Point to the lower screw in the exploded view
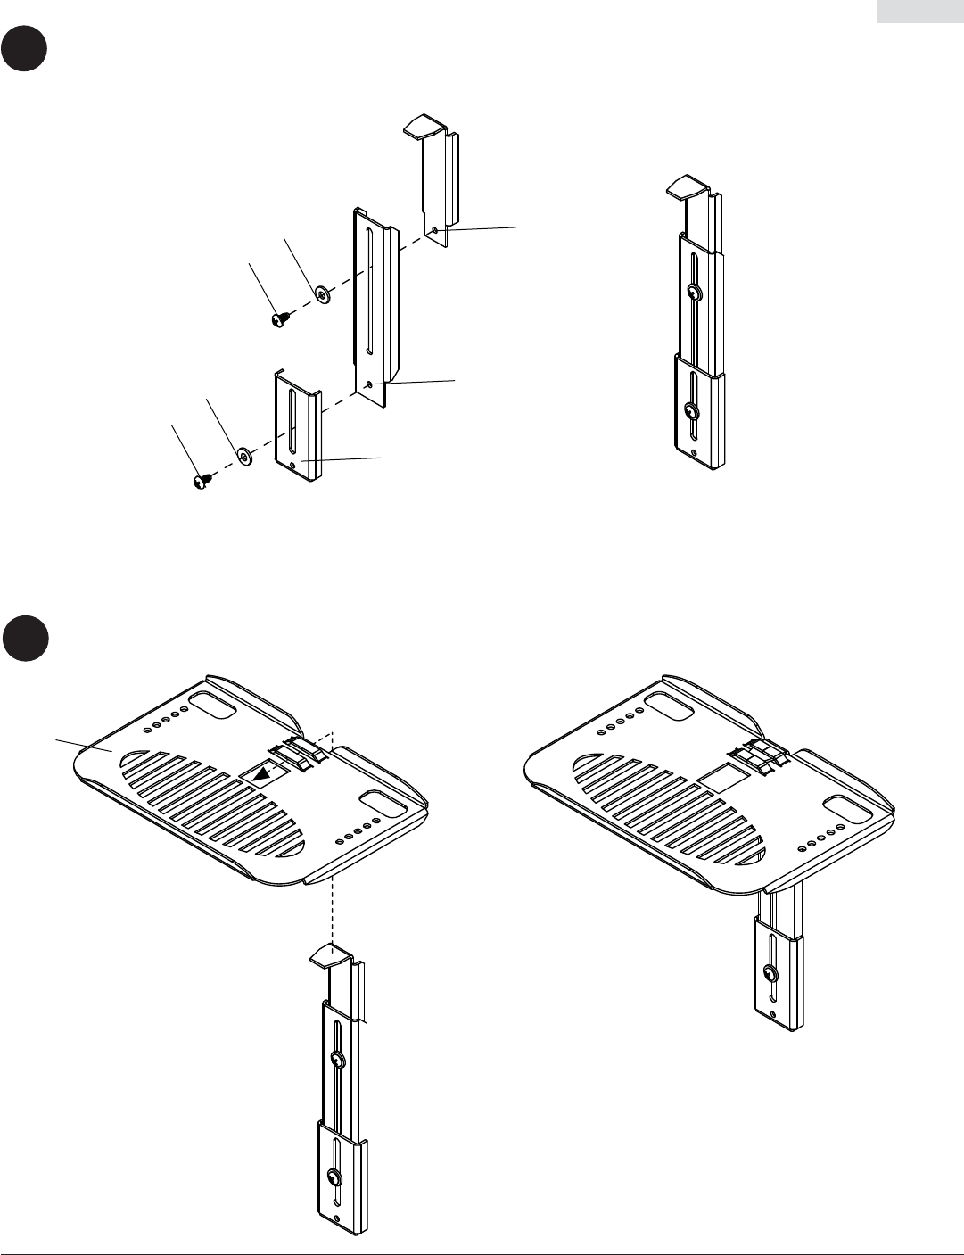tap(201, 482)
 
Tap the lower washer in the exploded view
tap(243, 456)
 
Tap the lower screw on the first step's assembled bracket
tap(691, 410)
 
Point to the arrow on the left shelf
tap(261, 776)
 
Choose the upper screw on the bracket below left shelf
tap(337, 1060)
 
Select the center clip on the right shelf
tap(757, 755)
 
